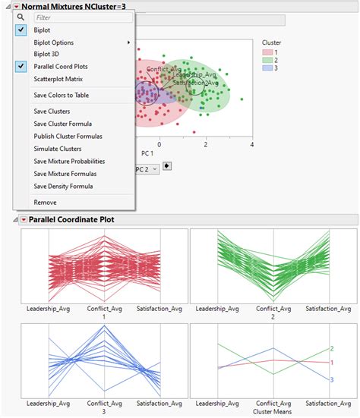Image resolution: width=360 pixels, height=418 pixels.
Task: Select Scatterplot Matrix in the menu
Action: click(x=58, y=79)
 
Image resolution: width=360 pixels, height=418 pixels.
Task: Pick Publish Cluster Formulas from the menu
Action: click(x=68, y=137)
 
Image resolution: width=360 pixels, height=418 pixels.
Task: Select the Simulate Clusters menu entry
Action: click(x=58, y=149)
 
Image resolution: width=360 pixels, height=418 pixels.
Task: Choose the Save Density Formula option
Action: click(x=63, y=186)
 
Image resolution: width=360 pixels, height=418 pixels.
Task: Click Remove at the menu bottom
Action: click(x=45, y=203)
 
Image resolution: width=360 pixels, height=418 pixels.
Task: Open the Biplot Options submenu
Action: click(x=54, y=42)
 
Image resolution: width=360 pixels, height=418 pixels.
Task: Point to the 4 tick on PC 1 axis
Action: click(x=251, y=143)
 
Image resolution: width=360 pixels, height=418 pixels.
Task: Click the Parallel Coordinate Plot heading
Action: click(x=71, y=220)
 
